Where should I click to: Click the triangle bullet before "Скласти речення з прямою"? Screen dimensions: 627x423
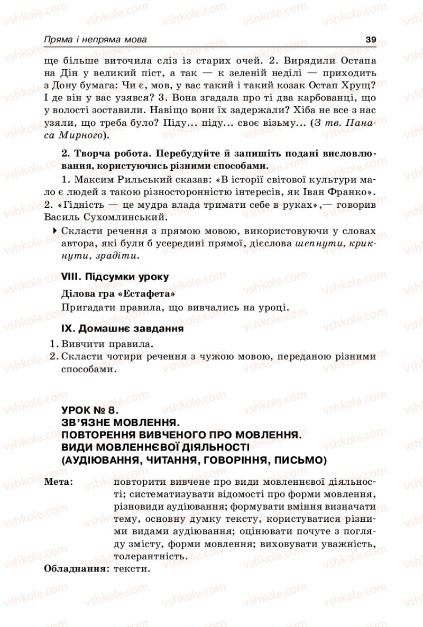pyautogui.click(x=56, y=231)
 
